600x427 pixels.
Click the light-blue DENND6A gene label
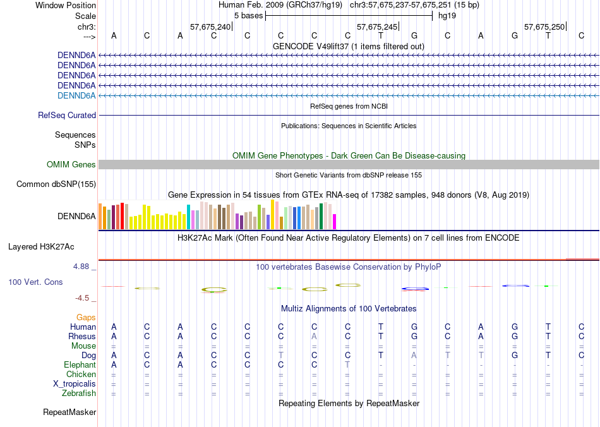pyautogui.click(x=76, y=95)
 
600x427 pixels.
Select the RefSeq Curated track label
pyautogui.click(x=67, y=116)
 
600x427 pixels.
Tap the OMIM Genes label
pyautogui.click(x=71, y=165)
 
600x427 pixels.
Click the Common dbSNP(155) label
pyautogui.click(x=56, y=184)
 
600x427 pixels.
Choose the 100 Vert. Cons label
pyautogui.click(x=35, y=282)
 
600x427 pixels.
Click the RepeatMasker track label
pyautogui.click(x=69, y=412)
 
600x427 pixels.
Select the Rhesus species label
pyautogui.click(x=82, y=337)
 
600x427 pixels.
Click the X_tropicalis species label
pyautogui.click(x=75, y=384)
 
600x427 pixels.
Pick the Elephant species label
pyautogui.click(x=80, y=365)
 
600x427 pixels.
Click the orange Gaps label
pyautogui.click(x=86, y=318)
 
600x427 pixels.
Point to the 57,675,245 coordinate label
pyautogui.click(x=377, y=27)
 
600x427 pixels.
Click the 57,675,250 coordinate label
pyautogui.click(x=544, y=27)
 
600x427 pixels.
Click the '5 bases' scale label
pyautogui.click(x=248, y=15)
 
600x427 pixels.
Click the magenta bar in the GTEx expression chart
pyautogui.click(x=334, y=222)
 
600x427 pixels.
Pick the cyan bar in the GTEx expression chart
pyautogui.click(x=188, y=217)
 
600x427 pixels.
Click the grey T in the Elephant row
pyautogui.click(x=347, y=365)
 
